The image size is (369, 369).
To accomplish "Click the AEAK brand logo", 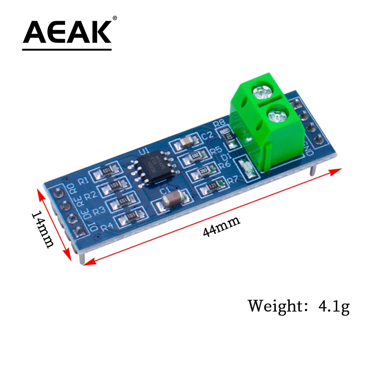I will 67,34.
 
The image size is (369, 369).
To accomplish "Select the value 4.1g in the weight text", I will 333,306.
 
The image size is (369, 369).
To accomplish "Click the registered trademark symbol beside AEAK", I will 115,18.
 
